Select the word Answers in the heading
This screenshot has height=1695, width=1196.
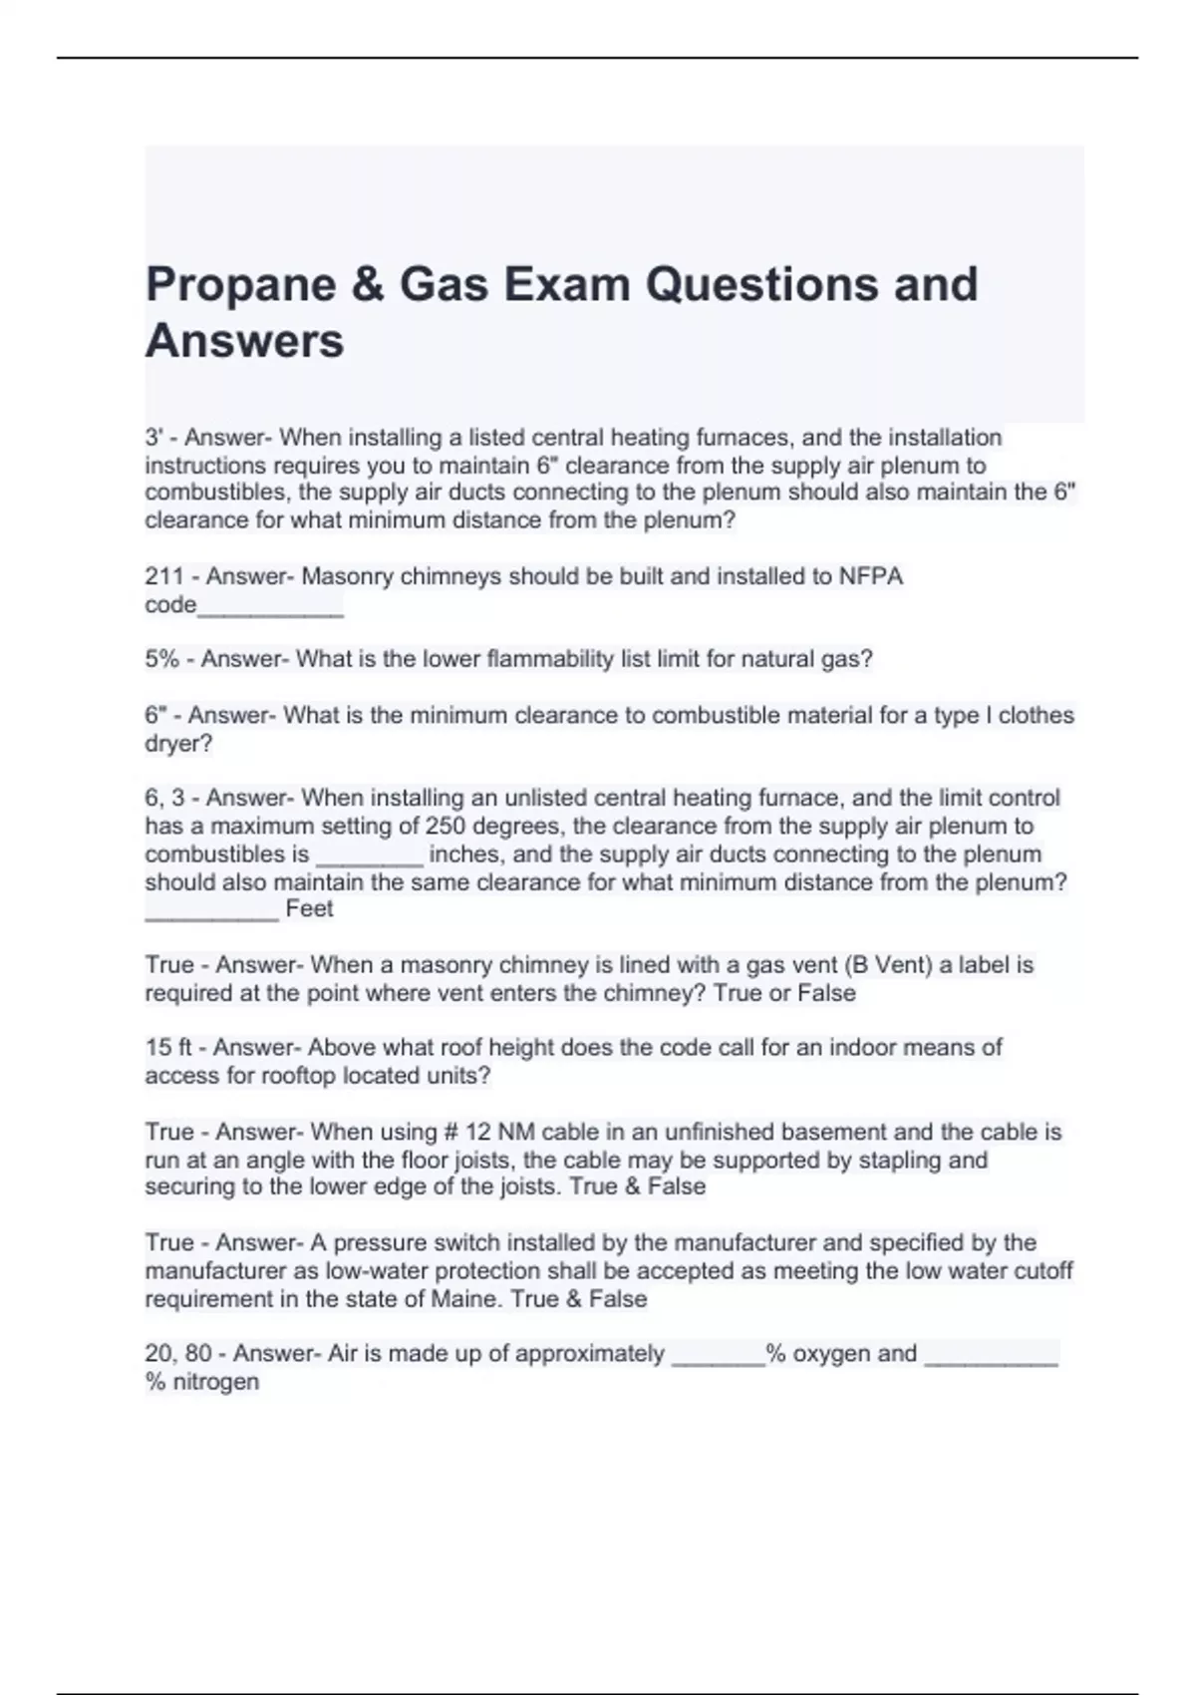tap(244, 341)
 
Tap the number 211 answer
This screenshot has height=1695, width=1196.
tap(162, 576)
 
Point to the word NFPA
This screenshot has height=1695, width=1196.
tap(871, 576)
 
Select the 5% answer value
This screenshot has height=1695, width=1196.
tap(161, 659)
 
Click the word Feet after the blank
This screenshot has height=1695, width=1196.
tap(309, 908)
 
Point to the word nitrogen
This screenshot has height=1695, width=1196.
tap(215, 1382)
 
